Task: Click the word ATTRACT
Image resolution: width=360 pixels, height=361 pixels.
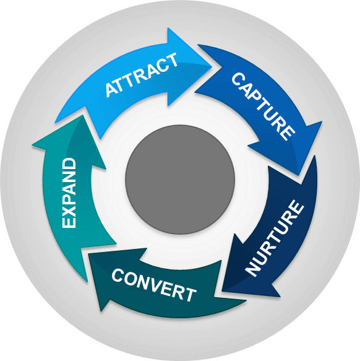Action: tap(141, 74)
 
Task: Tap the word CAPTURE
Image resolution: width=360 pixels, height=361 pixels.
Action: tap(263, 107)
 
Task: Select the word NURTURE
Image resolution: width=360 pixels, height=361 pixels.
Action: tap(274, 238)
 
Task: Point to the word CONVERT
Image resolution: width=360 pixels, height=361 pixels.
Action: tap(153, 285)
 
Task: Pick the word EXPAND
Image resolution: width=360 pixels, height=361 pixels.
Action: tap(69, 193)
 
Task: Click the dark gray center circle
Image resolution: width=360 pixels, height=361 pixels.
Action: tap(180, 180)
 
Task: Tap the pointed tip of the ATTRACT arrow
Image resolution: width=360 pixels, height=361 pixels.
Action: tap(212, 66)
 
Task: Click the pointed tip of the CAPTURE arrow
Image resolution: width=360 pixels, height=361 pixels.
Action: tap(299, 175)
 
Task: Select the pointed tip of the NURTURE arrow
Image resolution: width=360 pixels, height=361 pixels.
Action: tap(222, 292)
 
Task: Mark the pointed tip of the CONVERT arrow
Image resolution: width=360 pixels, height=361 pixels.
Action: tap(89, 254)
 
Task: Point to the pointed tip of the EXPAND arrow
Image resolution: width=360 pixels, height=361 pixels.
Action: tap(82, 115)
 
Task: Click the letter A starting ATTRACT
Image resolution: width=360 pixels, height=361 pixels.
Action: tap(111, 90)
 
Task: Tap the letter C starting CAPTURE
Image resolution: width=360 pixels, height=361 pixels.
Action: tap(238, 80)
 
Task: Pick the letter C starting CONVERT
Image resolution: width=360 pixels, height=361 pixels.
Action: tap(119, 276)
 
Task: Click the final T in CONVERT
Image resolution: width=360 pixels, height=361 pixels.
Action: tap(191, 295)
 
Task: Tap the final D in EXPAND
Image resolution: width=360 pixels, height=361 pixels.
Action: tap(69, 163)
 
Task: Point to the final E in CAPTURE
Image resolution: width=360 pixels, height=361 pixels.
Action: tap(288, 133)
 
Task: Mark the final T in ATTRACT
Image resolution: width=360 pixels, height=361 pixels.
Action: tap(171, 59)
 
